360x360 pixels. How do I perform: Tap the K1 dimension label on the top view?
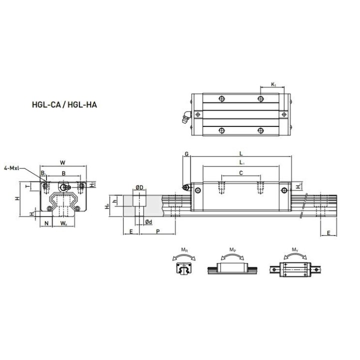tap(274, 85)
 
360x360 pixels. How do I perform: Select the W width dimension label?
tap(61, 162)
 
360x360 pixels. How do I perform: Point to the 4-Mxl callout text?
tap(13, 168)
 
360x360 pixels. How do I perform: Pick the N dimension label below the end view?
tap(46, 223)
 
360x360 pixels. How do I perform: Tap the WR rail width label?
tap(63, 223)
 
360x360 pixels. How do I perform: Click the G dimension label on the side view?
tap(186, 154)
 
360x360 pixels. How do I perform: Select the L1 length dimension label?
tap(241, 163)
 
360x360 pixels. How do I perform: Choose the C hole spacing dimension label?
tap(241, 172)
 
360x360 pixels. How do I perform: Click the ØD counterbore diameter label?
tap(139, 187)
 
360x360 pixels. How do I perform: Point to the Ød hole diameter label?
tap(148, 221)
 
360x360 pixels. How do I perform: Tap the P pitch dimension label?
tap(158, 231)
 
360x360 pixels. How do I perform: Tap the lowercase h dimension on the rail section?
tap(115, 201)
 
